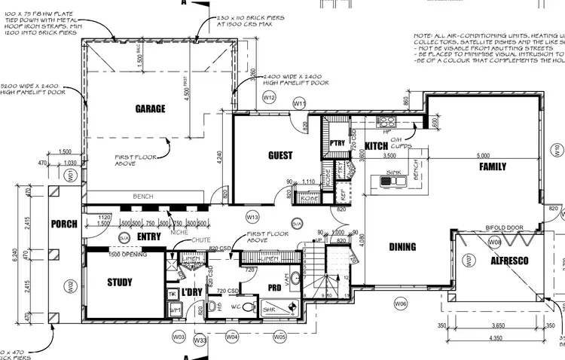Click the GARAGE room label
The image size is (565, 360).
[150, 109]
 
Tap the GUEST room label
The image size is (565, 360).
[280, 156]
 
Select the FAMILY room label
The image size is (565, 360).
[493, 166]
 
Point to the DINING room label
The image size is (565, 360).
[402, 246]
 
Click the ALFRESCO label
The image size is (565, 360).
[510, 261]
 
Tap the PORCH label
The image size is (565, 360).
[64, 224]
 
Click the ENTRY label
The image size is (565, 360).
[150, 236]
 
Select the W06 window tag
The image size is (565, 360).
[400, 303]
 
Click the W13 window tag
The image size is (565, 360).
[253, 217]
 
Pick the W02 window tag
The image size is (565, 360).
[70, 285]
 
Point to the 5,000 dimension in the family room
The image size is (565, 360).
[483, 156]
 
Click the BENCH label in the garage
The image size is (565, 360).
[143, 197]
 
